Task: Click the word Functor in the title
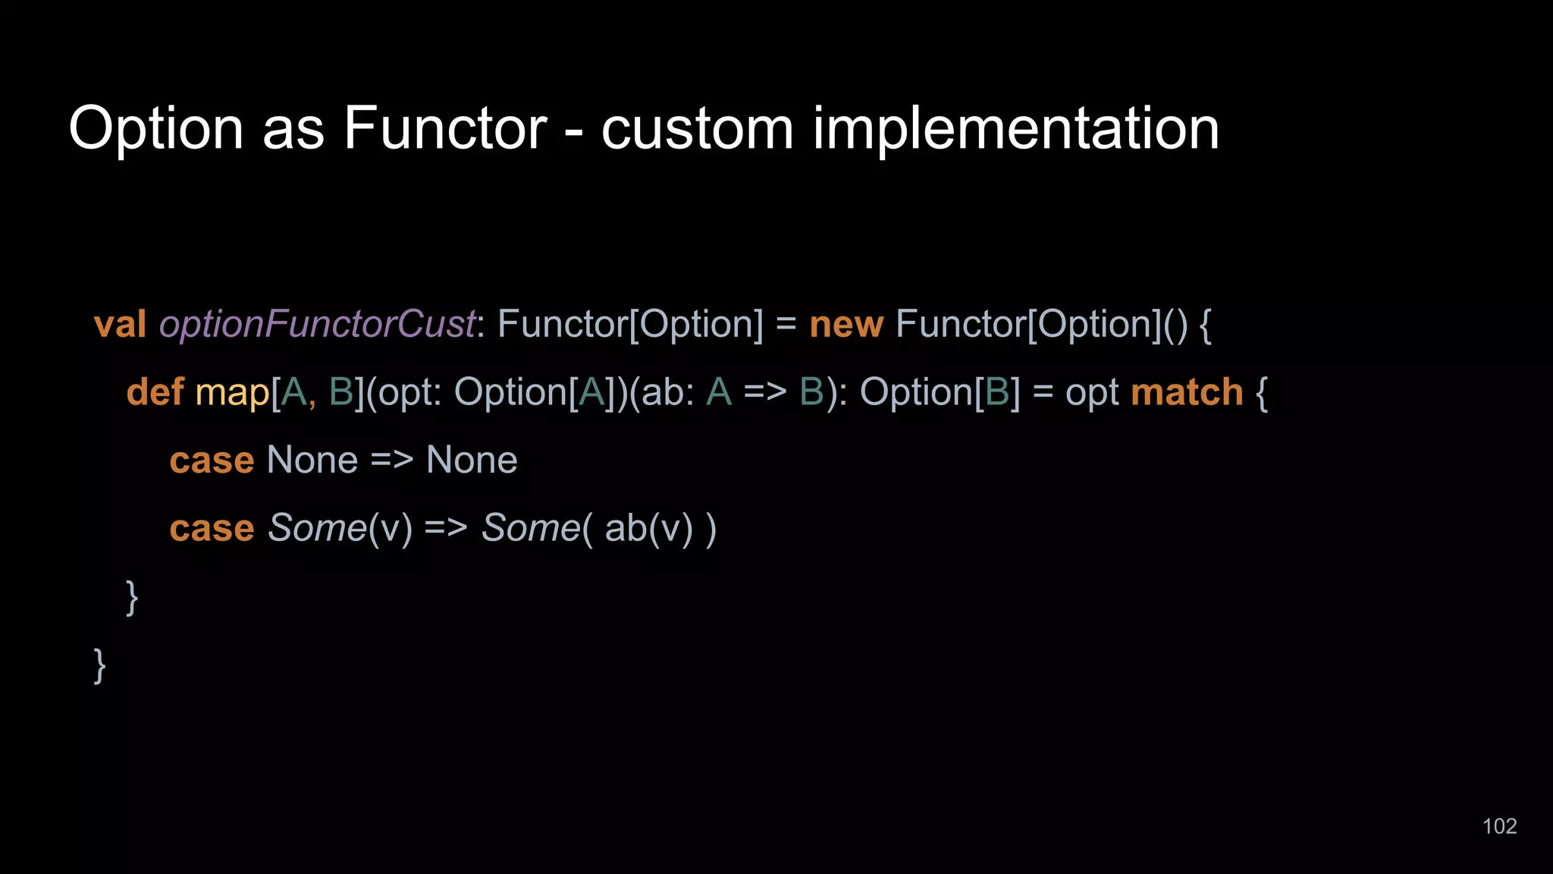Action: click(x=444, y=128)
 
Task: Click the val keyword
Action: click(x=120, y=324)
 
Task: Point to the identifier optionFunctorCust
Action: click(x=317, y=325)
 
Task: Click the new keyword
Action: click(x=846, y=325)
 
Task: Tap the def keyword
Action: click(x=155, y=392)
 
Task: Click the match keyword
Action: click(x=1187, y=392)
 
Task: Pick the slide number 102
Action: click(x=1499, y=826)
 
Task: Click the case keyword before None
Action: click(x=212, y=461)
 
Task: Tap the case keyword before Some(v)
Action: click(x=212, y=529)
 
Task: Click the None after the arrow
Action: click(x=472, y=461)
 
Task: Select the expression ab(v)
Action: click(x=649, y=529)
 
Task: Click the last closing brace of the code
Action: click(x=99, y=665)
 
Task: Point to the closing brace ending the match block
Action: click(x=132, y=598)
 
